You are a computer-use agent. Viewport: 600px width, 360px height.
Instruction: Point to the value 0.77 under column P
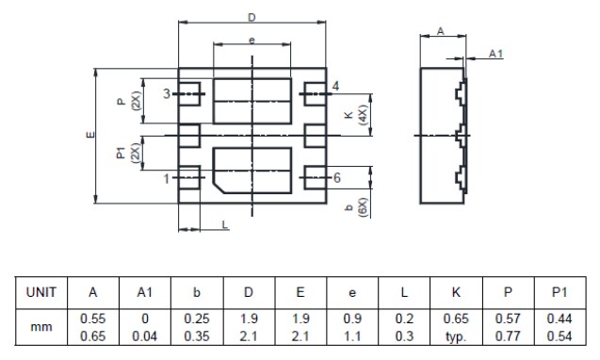507,334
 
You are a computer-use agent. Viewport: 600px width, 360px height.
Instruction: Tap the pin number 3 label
167,94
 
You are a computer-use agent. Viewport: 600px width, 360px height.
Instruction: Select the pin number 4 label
336,87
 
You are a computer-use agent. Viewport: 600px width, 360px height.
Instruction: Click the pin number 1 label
167,178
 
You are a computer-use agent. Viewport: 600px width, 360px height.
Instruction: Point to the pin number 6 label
336,178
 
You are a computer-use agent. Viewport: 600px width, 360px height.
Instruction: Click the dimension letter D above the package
251,18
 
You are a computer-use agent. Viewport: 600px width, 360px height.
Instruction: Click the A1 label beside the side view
495,54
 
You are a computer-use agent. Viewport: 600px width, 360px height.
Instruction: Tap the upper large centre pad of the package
251,98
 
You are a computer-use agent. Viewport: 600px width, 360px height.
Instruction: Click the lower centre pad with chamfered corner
251,169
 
